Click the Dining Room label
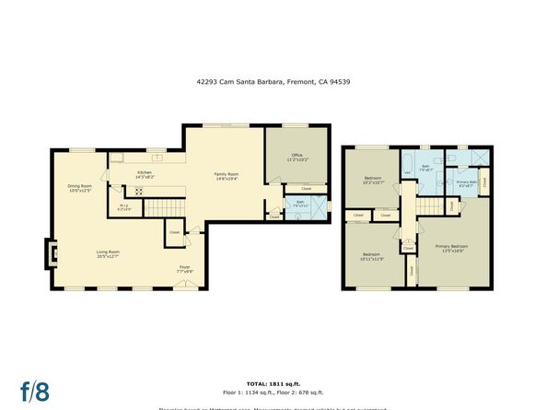pos(79,189)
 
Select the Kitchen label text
pos(145,174)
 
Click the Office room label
pos(296,158)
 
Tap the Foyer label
pos(185,269)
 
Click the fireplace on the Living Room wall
pos(51,252)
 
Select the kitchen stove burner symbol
pos(139,192)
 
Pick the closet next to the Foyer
pos(174,233)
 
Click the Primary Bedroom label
pos(450,248)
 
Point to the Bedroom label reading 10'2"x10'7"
pos(373,181)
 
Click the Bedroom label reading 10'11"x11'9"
pos(371,256)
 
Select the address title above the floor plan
pos(273,81)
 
